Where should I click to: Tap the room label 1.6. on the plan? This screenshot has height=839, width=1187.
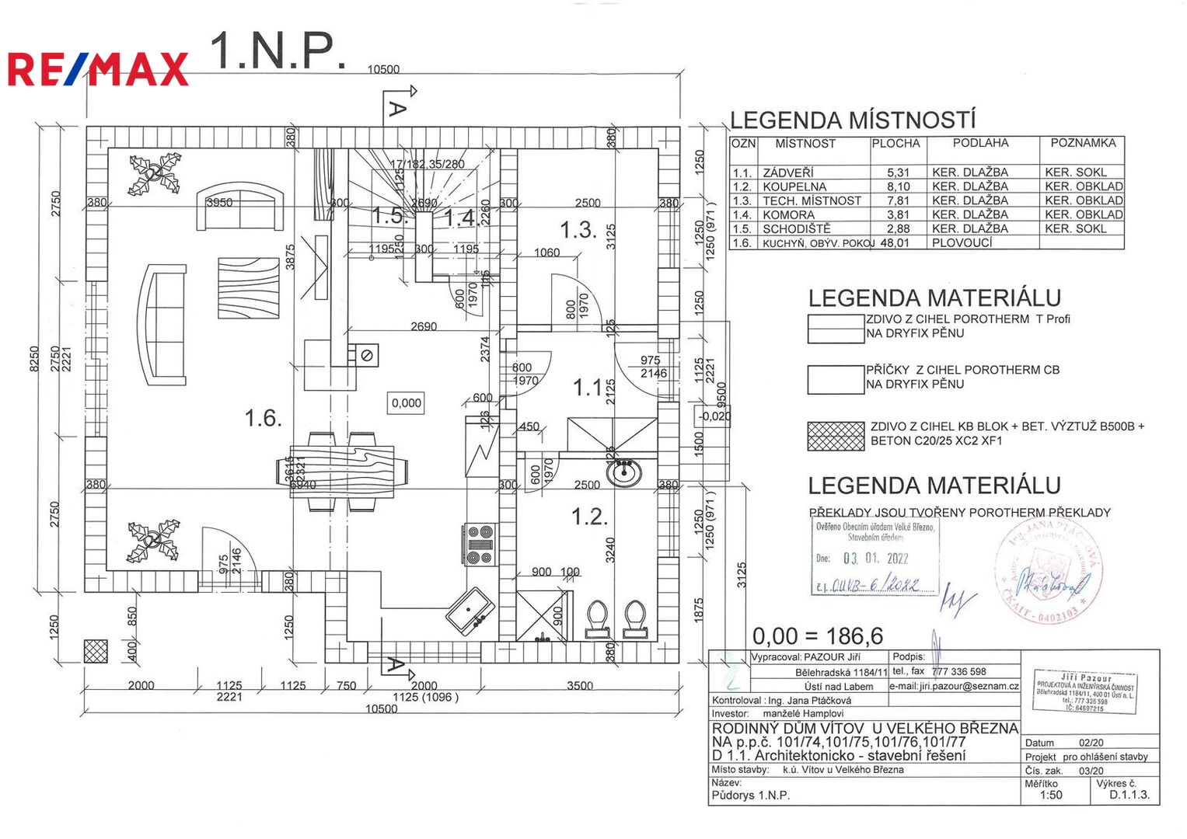tap(263, 419)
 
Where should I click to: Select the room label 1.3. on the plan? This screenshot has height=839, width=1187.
tap(578, 230)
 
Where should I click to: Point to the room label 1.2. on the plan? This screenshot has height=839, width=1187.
tap(589, 517)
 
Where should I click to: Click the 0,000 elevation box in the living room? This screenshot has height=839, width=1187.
tap(406, 403)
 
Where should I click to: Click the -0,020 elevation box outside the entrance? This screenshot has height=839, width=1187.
tap(714, 416)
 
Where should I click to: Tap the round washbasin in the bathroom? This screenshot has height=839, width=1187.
tap(623, 471)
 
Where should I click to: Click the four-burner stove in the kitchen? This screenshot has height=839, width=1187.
tap(480, 545)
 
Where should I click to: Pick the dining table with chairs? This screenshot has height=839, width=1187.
tap(343, 471)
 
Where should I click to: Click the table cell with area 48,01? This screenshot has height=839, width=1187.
tap(895, 242)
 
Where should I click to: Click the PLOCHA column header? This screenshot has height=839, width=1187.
tap(895, 144)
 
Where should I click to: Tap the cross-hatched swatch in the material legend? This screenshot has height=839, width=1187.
tap(836, 436)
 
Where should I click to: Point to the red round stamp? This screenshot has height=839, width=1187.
tap(1048, 572)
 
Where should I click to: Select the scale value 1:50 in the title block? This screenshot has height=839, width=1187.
tap(1051, 795)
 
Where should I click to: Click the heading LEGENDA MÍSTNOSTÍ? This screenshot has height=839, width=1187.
tap(852, 120)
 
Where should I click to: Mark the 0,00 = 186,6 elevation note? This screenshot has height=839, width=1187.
tap(818, 636)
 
